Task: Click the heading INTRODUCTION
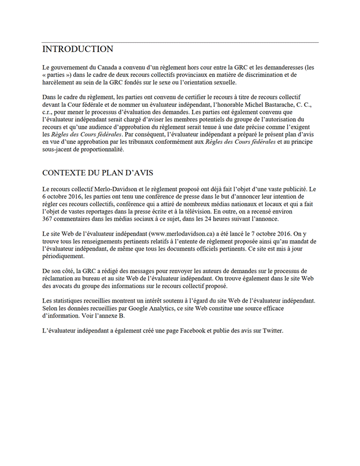pos(78,49)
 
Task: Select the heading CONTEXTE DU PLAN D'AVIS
pos(98,173)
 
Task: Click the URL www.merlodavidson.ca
pos(182,233)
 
